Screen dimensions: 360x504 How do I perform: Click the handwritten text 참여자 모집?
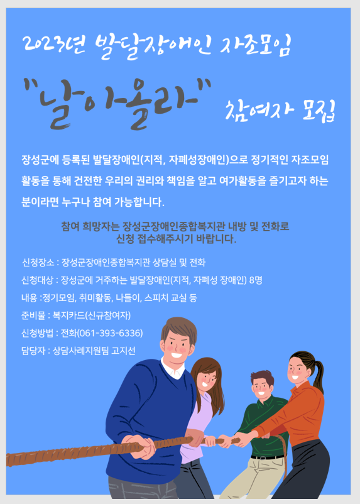point(280,110)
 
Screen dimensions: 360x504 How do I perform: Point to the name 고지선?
point(123,351)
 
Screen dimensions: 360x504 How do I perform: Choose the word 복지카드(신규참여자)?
point(92,315)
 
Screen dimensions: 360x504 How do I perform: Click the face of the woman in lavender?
point(206,381)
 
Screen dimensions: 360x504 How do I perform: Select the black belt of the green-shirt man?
point(268,457)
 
